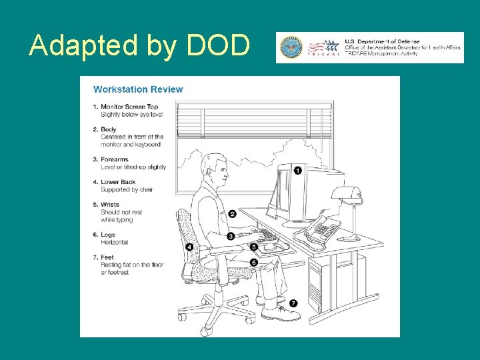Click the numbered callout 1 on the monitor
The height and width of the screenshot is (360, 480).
(x=298, y=171)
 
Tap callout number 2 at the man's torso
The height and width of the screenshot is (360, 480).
(x=232, y=214)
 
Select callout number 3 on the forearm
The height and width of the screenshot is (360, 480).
(x=231, y=236)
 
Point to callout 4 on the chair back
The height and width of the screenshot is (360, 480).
(x=189, y=247)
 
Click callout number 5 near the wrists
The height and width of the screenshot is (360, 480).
(x=254, y=247)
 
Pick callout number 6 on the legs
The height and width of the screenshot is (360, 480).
(x=254, y=263)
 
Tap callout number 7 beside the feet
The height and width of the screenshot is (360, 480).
(x=293, y=303)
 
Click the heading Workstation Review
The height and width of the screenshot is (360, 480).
(x=138, y=89)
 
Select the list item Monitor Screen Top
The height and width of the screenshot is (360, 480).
(x=133, y=107)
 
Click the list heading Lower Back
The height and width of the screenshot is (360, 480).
(x=118, y=182)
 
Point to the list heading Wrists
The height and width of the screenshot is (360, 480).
(x=110, y=205)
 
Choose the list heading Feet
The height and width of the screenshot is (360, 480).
(x=108, y=257)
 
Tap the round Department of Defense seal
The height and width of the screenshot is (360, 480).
(x=291, y=47)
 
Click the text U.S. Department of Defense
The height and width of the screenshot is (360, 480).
(x=382, y=41)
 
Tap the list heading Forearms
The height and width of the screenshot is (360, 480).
(x=115, y=159)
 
